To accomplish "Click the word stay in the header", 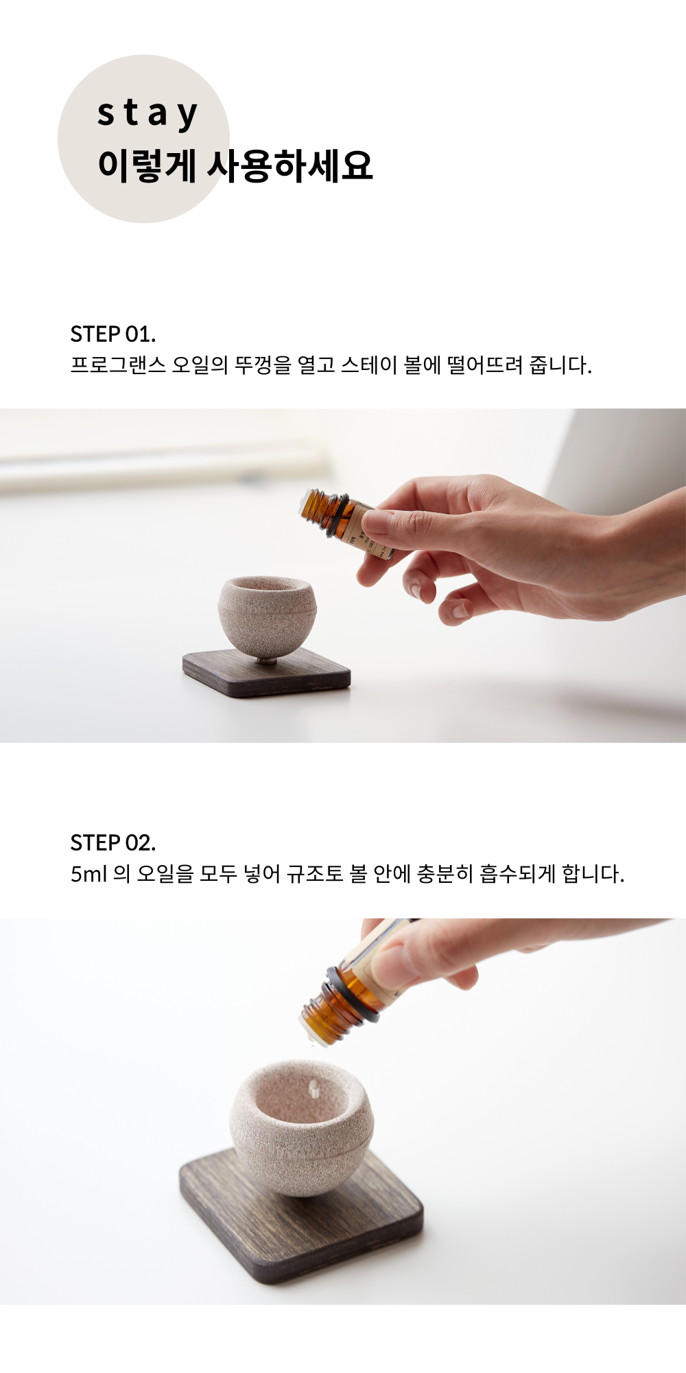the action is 147,114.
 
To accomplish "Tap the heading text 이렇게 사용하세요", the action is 235,165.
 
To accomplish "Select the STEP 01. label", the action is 113,334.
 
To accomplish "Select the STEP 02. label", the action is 113,843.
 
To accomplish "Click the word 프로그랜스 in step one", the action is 118,365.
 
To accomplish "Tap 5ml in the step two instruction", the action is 89,874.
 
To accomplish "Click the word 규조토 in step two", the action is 315,874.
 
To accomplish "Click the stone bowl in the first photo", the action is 267,614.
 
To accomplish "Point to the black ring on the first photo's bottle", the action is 336,515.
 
